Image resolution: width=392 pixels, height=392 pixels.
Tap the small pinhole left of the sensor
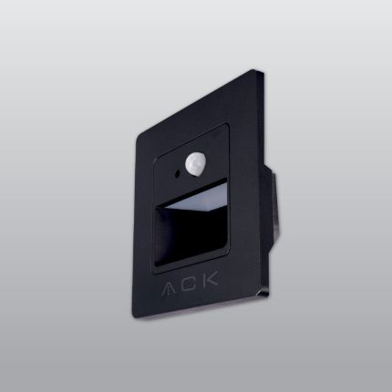(x=173, y=170)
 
